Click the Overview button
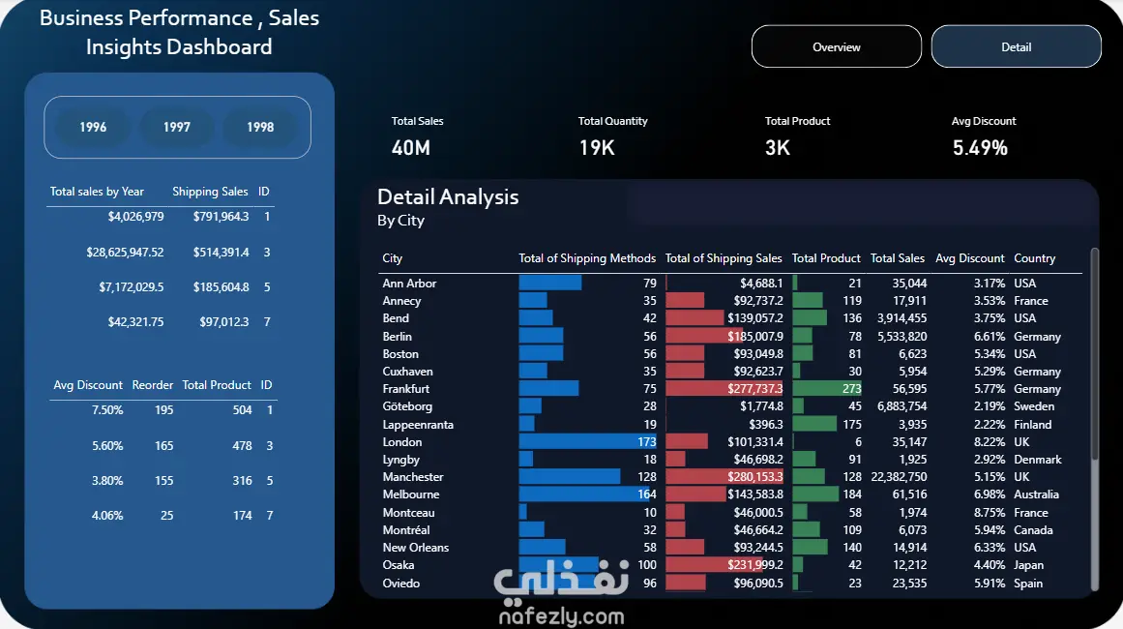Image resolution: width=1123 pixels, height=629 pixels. tap(837, 46)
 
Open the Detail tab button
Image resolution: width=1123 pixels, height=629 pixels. tap(1017, 46)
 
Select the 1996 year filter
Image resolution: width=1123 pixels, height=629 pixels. tap(93, 127)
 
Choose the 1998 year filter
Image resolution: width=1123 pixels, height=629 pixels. tap(261, 127)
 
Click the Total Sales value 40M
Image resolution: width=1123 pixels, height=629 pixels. tap(411, 148)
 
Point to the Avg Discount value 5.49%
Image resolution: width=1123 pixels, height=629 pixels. tap(980, 148)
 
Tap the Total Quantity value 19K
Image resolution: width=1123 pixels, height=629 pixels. tap(597, 148)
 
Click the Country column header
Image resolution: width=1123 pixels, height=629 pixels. tap(1034, 258)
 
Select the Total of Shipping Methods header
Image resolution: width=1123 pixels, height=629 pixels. tap(587, 258)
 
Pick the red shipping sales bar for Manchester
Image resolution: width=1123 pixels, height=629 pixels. tap(724, 476)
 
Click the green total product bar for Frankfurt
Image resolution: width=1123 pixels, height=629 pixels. tap(827, 389)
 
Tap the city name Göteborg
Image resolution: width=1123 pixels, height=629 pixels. tap(407, 406)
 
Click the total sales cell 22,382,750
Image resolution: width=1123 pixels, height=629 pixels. tap(899, 477)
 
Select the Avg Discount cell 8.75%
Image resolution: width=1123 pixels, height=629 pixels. tap(990, 512)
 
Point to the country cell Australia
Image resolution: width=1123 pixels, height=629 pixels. tap(1036, 494)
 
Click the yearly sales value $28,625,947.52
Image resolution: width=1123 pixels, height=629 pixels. tap(125, 253)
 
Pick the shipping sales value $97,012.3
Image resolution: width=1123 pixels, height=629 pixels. tap(224, 321)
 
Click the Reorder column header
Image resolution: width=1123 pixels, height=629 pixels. tap(153, 385)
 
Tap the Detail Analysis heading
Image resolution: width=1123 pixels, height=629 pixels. tap(448, 197)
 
